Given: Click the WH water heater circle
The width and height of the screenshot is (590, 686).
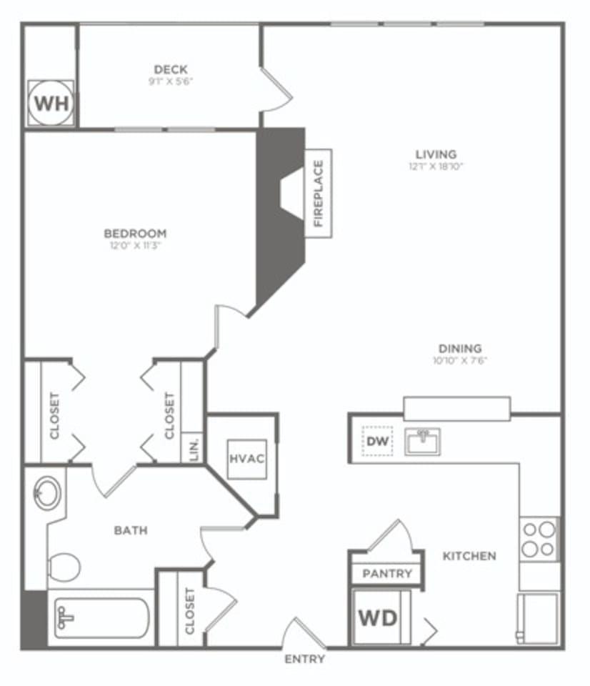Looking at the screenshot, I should pyautogui.click(x=51, y=104).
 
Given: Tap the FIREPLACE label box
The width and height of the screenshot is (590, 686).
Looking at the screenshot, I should pyautogui.click(x=319, y=193).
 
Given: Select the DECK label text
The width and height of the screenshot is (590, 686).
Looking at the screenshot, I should pyautogui.click(x=171, y=69).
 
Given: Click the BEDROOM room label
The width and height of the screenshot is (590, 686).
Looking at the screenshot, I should pyautogui.click(x=135, y=234).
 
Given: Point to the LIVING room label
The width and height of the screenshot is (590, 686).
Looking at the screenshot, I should pyautogui.click(x=436, y=154).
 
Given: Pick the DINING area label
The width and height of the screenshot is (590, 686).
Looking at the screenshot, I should pyautogui.click(x=460, y=349).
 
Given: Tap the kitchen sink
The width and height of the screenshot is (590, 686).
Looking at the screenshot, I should pyautogui.click(x=423, y=441).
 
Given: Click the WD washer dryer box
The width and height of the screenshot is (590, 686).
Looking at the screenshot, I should pyautogui.click(x=379, y=617).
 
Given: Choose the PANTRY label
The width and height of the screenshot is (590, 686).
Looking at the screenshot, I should pyautogui.click(x=387, y=573).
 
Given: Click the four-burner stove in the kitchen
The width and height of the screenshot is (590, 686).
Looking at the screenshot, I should pyautogui.click(x=539, y=539).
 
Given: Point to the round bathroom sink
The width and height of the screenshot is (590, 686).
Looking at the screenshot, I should pyautogui.click(x=48, y=492).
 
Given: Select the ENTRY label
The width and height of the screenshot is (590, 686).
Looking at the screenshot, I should pyautogui.click(x=305, y=659).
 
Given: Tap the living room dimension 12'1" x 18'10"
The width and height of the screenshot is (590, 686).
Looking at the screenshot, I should pyautogui.click(x=436, y=166).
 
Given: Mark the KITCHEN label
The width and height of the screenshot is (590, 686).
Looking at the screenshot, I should pyautogui.click(x=469, y=556).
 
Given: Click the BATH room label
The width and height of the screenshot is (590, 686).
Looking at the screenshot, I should pyautogui.click(x=131, y=530).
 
